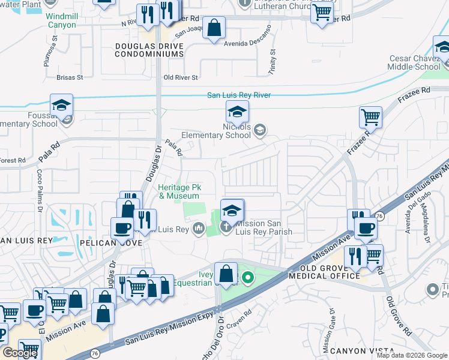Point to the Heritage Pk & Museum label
coord(178,191)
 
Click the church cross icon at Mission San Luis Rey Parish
coord(226,227)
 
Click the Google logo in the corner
coord(20,353)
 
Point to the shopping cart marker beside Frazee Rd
coord(370,117)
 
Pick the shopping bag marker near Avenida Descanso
coord(214,28)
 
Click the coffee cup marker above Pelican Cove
coord(122,228)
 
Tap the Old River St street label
coord(180,77)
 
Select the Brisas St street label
coord(69,77)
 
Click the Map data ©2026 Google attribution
coord(412,355)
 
